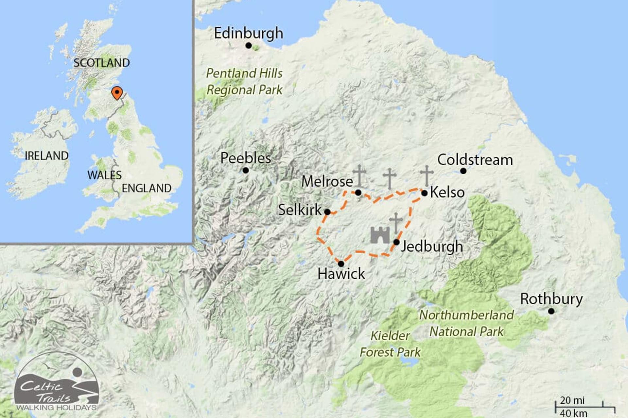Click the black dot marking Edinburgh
pos(249,45)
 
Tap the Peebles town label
pos(246,158)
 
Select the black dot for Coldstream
pos(463,171)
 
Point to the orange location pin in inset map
pos(117,93)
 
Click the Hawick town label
pos(341,274)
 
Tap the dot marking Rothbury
pos(551,311)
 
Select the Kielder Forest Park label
pos(390,344)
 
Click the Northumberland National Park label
pos(466,323)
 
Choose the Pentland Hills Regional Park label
pos(244,82)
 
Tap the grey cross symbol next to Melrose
pos(359,176)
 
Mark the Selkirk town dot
pos(327,212)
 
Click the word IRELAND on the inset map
pos(46,156)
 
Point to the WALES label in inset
pos(104,175)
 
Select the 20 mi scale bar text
pos(572,400)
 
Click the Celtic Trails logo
pos(57,382)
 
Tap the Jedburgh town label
pos(432,246)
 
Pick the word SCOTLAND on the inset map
pos(101,63)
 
